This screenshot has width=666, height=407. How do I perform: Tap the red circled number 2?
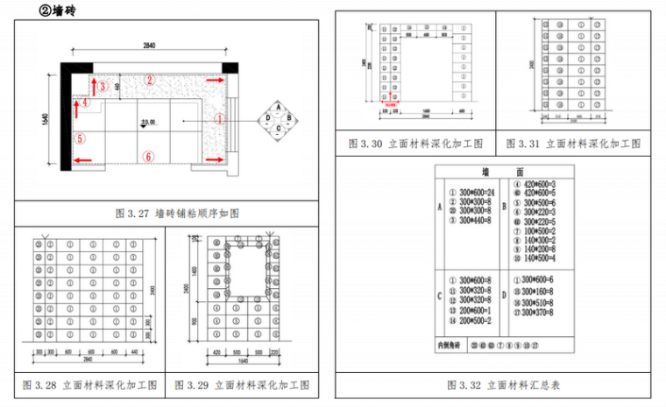pos(150,80)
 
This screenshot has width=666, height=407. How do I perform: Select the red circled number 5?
pos(80,138)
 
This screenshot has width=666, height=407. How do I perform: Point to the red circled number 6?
pos(149,157)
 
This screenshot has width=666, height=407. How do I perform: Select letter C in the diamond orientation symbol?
pos(278,130)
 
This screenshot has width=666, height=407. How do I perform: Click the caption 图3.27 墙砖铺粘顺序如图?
pos(178,213)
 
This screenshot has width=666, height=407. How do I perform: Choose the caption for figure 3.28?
pos(91,385)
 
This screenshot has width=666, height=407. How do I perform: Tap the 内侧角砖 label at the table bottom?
pos(451,345)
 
